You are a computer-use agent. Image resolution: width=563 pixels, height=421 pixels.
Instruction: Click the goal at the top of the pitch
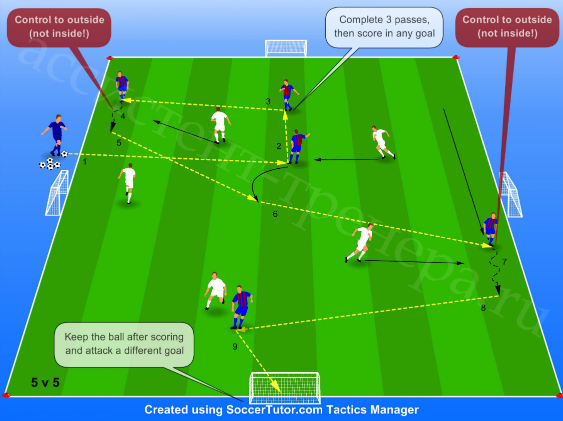pyautogui.click(x=286, y=48)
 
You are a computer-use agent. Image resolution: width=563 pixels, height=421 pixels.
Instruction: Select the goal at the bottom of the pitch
pyautogui.click(x=284, y=388)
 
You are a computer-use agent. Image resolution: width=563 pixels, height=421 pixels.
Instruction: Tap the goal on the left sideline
pyautogui.click(x=57, y=193)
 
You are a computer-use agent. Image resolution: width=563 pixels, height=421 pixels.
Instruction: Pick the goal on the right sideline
pyautogui.click(x=510, y=194)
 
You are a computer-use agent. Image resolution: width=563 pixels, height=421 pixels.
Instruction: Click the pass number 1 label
pyautogui.click(x=85, y=162)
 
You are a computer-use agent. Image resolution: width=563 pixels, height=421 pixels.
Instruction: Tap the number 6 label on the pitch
pyautogui.click(x=275, y=214)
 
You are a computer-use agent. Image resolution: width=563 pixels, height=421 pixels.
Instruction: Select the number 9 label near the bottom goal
pyautogui.click(x=235, y=347)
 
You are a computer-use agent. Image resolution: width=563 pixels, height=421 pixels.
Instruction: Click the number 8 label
pyautogui.click(x=483, y=308)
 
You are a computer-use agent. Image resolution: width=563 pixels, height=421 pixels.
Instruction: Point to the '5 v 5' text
pyautogui.click(x=45, y=383)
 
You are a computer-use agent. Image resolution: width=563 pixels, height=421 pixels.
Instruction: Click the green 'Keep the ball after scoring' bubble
pyautogui.click(x=124, y=344)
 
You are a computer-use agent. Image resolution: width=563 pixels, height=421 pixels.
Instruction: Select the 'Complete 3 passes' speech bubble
pyautogui.click(x=384, y=27)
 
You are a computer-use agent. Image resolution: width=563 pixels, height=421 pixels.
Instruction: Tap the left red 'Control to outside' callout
pyautogui.click(x=59, y=27)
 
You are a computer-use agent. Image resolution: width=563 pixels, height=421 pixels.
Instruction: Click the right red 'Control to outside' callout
pyautogui.click(x=507, y=27)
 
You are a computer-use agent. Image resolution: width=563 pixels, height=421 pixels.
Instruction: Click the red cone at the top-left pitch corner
pyautogui.click(x=110, y=58)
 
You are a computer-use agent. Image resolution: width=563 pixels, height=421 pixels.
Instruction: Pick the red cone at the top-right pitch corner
pyautogui.click(x=456, y=57)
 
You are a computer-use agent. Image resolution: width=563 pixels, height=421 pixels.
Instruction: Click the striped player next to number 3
pyautogui.click(x=288, y=95)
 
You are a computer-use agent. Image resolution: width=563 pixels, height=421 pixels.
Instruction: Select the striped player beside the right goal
pyautogui.click(x=490, y=229)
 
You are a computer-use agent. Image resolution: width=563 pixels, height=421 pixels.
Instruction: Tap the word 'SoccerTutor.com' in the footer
pyautogui.click(x=274, y=410)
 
